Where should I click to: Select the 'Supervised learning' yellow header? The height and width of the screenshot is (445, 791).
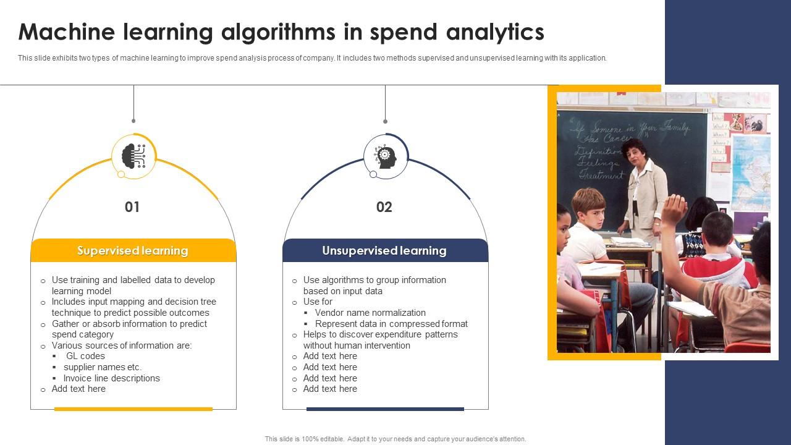tap(133, 251)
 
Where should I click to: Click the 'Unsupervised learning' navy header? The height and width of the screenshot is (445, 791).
tap(384, 251)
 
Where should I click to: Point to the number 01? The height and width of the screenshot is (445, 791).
tap(132, 207)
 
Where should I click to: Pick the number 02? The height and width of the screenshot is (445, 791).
tap(384, 207)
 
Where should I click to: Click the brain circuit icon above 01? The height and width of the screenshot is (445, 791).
tap(133, 156)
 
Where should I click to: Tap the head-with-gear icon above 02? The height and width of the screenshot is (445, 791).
tap(386, 156)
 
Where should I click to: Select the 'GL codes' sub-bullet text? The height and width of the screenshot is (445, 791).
tap(85, 356)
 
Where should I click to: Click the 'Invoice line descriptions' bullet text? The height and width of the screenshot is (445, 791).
tap(111, 378)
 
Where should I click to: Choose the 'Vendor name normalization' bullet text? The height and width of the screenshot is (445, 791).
tap(370, 313)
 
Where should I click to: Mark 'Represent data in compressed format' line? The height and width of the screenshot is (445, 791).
tap(391, 324)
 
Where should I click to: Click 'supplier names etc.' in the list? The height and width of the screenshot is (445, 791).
tap(103, 367)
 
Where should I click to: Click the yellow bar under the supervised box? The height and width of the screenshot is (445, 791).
tap(133, 409)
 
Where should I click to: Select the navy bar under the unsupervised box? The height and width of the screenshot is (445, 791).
tap(385, 409)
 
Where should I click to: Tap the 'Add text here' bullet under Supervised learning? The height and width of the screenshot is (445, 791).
tap(78, 389)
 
